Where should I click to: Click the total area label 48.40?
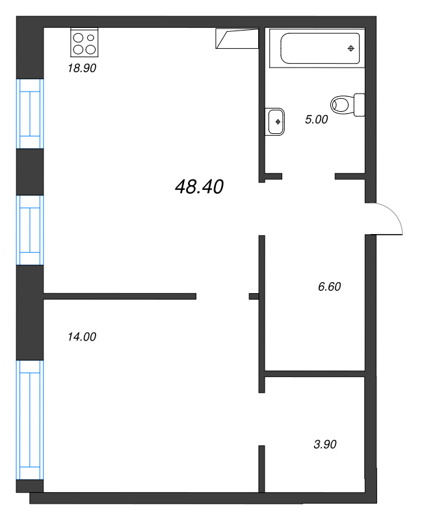click(x=199, y=187)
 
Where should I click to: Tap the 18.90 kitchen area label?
click(x=82, y=68)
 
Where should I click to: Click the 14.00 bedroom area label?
click(x=81, y=337)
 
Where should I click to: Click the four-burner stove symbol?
click(x=84, y=42)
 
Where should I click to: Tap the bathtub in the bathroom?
click(x=320, y=47)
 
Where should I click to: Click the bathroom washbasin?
click(x=275, y=121)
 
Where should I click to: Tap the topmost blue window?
click(x=30, y=114)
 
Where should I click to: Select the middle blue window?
click(x=30, y=230)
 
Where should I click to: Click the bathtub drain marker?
click(x=351, y=48)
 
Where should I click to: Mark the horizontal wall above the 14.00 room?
click(x=120, y=296)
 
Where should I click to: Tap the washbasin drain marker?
click(x=278, y=121)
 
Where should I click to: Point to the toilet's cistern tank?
click(x=359, y=105)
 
